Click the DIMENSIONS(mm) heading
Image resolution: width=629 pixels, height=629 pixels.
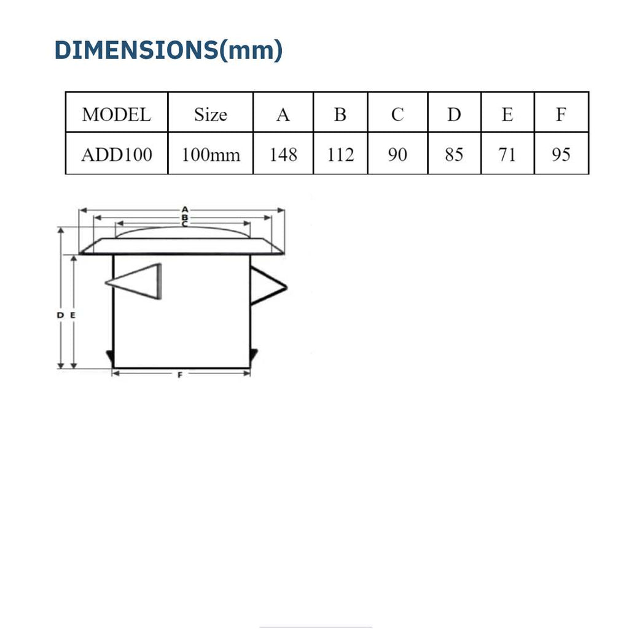pyautogui.click(x=168, y=50)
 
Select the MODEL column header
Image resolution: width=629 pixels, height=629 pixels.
pyautogui.click(x=116, y=115)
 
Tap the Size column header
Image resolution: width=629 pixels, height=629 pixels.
pyautogui.click(x=211, y=115)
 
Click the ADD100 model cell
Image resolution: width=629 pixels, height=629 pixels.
pyautogui.click(x=117, y=155)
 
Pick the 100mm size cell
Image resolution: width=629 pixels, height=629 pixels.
pyautogui.click(x=211, y=155)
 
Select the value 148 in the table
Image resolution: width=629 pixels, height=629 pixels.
pyautogui.click(x=283, y=155)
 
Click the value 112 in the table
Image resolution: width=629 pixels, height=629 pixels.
pyautogui.click(x=340, y=155)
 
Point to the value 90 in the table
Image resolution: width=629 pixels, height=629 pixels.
pyautogui.click(x=397, y=155)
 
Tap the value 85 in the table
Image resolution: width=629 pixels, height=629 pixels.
pyautogui.click(x=454, y=155)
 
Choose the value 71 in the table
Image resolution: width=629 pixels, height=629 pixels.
pyautogui.click(x=507, y=155)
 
